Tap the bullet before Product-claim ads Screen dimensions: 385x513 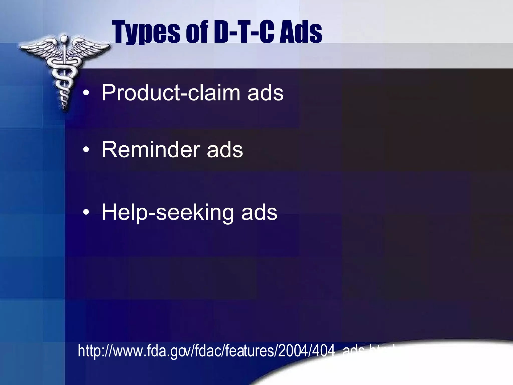86,93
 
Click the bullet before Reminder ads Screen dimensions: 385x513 86,150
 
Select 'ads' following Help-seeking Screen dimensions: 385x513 259,213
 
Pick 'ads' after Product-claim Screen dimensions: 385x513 266,93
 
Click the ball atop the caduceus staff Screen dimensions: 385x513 64,39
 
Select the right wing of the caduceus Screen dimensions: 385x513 90,48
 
